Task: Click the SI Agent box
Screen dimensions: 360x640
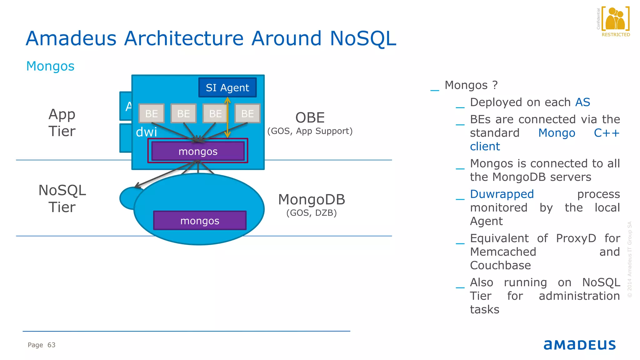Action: click(x=227, y=87)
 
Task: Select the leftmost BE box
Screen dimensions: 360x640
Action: click(x=152, y=113)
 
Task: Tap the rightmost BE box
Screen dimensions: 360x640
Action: click(x=247, y=113)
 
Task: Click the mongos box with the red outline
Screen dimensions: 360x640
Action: click(x=198, y=151)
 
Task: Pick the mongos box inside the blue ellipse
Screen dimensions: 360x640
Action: click(x=200, y=221)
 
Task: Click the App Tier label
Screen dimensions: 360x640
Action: click(x=62, y=122)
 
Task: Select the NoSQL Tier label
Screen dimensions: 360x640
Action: click(x=62, y=198)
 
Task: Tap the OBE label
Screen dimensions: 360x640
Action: click(x=310, y=118)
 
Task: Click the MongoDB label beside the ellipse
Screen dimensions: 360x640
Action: click(x=312, y=200)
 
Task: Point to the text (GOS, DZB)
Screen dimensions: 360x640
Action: click(x=312, y=213)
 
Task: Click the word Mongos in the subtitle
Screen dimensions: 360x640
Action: click(x=50, y=66)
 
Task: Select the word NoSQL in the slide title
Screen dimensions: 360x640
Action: click(x=363, y=38)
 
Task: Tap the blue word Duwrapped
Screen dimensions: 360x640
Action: click(x=502, y=194)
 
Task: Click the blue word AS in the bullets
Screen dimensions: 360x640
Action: click(x=582, y=102)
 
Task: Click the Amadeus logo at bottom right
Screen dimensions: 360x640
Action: click(x=579, y=345)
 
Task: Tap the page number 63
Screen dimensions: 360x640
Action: click(x=51, y=345)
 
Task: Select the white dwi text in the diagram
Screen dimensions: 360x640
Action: click(x=146, y=132)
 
